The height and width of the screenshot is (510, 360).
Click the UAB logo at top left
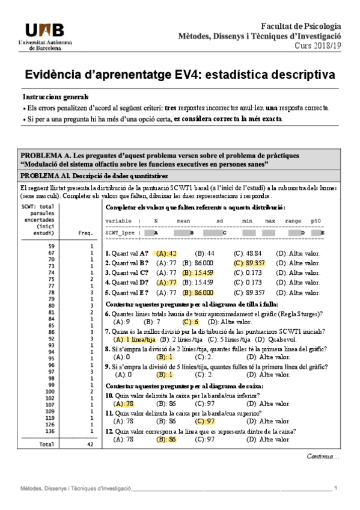click(x=47, y=34)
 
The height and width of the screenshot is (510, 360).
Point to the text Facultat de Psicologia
click(x=301, y=26)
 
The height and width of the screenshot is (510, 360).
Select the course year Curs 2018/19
click(x=317, y=46)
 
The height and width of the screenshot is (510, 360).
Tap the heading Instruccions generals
click(x=55, y=97)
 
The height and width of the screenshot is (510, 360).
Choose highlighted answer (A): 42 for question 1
click(x=165, y=253)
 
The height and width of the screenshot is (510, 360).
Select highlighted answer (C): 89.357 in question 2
click(x=249, y=263)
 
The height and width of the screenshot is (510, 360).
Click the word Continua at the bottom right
click(x=322, y=456)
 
